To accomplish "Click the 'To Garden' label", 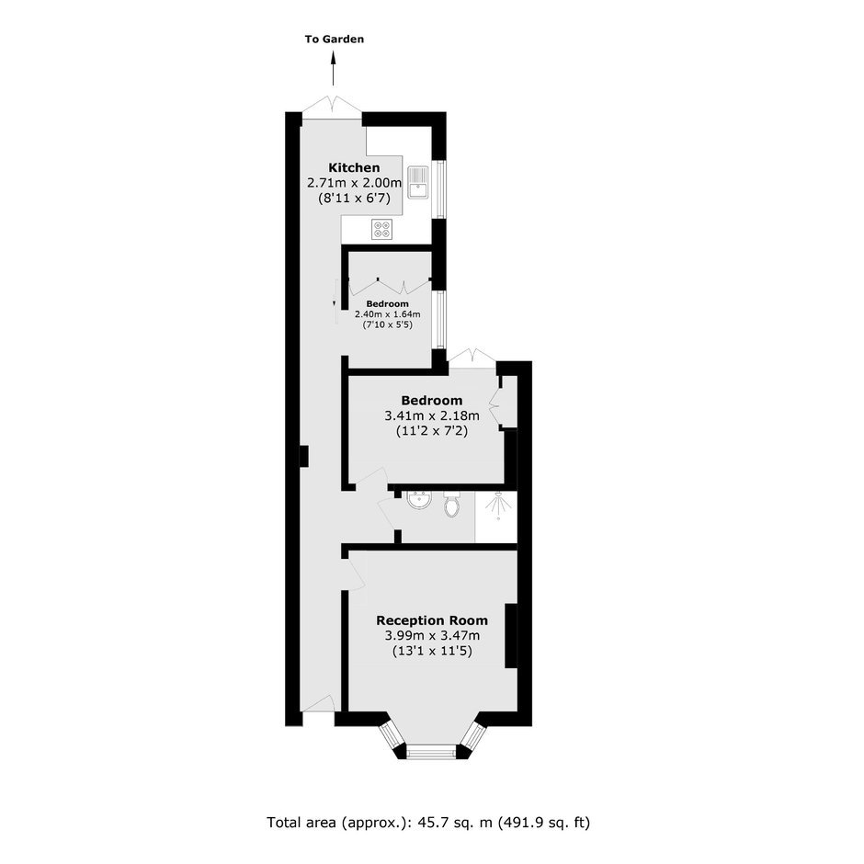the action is pyautogui.click(x=335, y=40).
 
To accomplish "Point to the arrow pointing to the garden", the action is pyautogui.click(x=334, y=68).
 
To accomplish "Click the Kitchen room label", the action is pyautogui.click(x=354, y=167).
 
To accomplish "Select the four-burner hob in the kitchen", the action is pyautogui.click(x=382, y=229).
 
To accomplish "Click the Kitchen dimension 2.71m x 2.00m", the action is pyautogui.click(x=354, y=182).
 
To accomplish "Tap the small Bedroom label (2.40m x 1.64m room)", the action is pyautogui.click(x=387, y=304).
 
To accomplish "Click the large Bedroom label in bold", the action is pyautogui.click(x=432, y=401).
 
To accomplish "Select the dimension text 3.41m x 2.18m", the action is pyautogui.click(x=432, y=415).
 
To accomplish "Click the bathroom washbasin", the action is pyautogui.click(x=419, y=499).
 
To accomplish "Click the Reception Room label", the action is pyautogui.click(x=432, y=620).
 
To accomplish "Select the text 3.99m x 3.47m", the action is pyautogui.click(x=432, y=635).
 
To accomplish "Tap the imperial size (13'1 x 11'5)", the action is pyautogui.click(x=432, y=651).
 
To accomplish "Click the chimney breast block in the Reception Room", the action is pyautogui.click(x=511, y=636).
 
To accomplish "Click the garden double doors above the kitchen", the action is pyautogui.click(x=332, y=108).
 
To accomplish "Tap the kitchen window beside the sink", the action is pyautogui.click(x=439, y=188).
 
